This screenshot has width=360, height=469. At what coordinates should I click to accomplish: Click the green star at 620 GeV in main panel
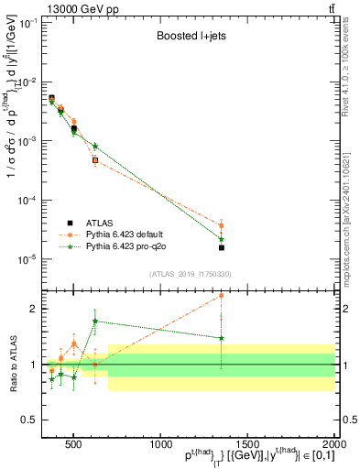(95, 146)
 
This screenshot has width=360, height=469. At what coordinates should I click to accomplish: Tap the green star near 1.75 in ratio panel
(95, 322)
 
